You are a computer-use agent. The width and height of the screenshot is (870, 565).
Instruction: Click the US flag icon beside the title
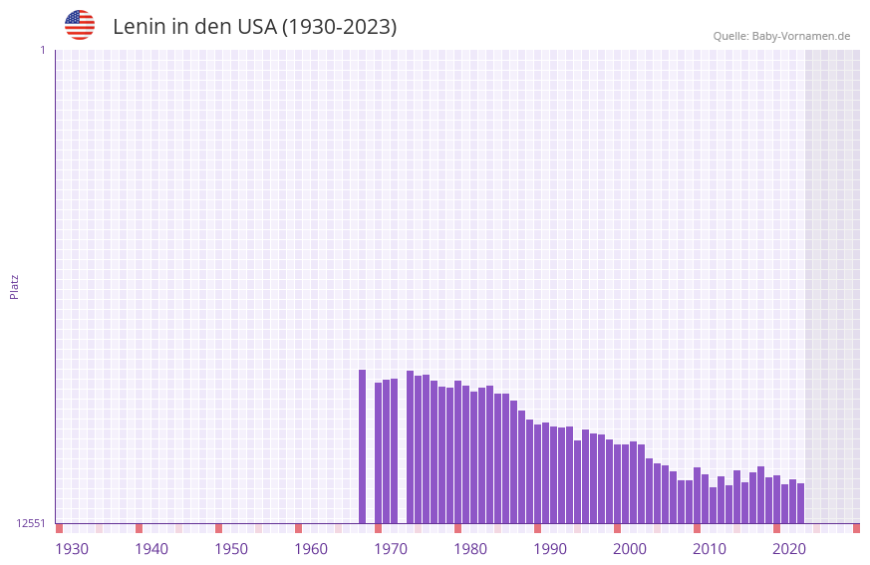click(x=80, y=25)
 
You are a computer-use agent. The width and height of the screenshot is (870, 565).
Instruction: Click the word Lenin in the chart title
click(x=139, y=27)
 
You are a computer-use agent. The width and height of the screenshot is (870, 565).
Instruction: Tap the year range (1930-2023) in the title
click(x=339, y=27)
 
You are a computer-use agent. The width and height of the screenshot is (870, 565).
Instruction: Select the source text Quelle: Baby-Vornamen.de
click(x=781, y=36)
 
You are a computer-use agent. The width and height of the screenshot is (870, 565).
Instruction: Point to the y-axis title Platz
click(x=14, y=286)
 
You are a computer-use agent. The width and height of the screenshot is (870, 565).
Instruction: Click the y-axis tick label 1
click(x=42, y=50)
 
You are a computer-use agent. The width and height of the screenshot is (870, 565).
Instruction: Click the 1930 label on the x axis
click(x=72, y=549)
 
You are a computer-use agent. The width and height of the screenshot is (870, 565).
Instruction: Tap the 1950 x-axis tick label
click(x=231, y=549)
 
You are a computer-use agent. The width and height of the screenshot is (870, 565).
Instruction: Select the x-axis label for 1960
click(x=311, y=549)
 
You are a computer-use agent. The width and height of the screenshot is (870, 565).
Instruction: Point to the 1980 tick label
click(x=470, y=549)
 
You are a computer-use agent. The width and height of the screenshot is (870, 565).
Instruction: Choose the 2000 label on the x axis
click(x=630, y=549)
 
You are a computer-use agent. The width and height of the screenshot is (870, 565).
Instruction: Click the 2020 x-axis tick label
click(x=789, y=549)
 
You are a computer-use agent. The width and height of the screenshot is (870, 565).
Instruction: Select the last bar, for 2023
click(x=800, y=503)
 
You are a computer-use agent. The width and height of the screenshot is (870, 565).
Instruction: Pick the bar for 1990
click(x=537, y=474)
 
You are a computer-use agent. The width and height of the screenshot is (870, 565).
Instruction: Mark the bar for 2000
click(x=617, y=484)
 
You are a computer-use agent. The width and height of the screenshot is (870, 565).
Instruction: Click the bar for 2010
click(x=697, y=495)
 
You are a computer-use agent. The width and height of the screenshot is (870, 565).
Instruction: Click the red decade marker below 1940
click(x=139, y=528)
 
